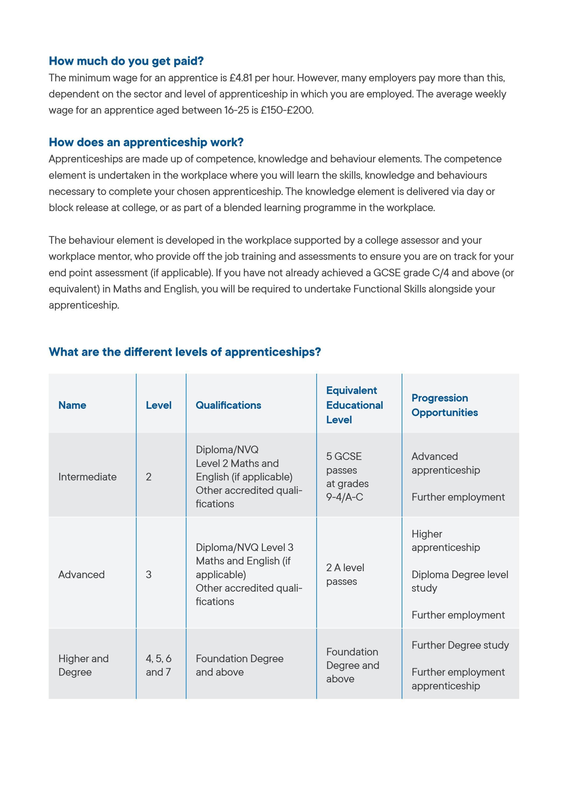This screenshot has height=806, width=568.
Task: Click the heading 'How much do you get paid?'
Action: (126, 61)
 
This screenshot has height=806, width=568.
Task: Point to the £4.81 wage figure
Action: (241, 78)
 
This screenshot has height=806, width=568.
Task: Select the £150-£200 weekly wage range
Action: (287, 110)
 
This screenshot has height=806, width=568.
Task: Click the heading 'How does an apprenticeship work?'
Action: (146, 142)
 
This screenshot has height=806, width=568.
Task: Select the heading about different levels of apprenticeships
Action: (185, 352)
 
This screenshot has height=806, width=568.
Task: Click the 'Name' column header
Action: (72, 405)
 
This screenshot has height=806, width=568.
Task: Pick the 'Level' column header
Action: (158, 405)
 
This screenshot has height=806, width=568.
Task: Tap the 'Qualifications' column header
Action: (228, 405)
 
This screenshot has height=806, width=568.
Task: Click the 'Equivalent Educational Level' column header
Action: (354, 405)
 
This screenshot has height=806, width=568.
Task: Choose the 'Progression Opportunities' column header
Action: (444, 405)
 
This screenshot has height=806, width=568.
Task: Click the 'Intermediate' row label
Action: (88, 477)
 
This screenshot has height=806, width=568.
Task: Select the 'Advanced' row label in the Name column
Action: (81, 574)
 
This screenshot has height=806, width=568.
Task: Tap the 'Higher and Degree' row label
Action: (83, 665)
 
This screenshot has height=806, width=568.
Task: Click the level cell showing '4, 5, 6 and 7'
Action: (158, 665)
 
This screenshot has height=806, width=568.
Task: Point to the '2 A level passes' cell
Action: (345, 574)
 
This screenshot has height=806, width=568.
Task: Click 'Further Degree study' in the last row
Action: (460, 645)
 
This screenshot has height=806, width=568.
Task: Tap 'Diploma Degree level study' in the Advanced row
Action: (459, 581)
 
